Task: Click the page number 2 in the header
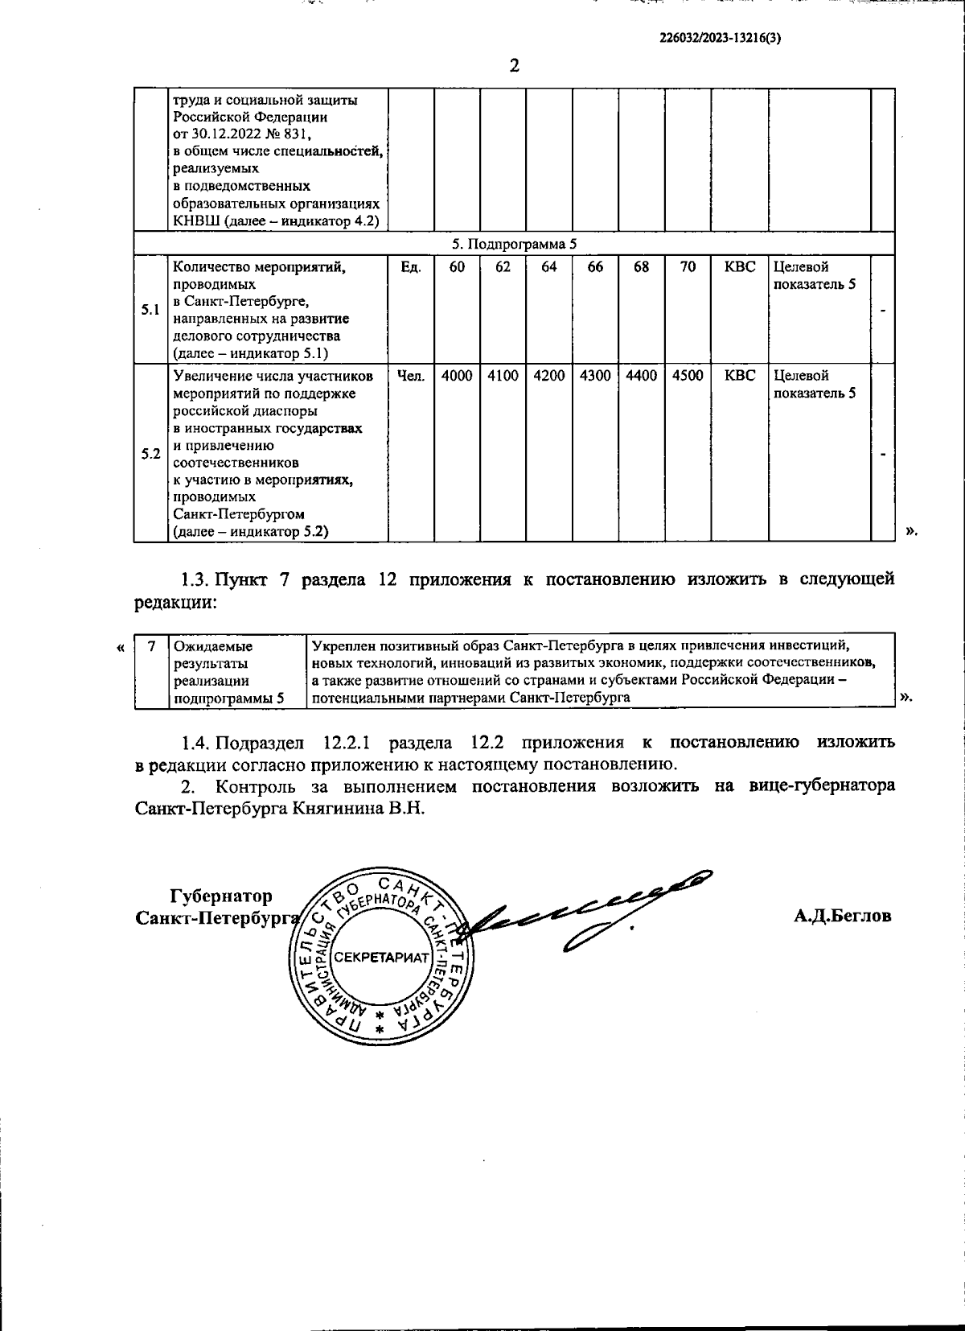[514, 66]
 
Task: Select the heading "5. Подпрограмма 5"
[514, 243]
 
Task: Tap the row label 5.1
[150, 310]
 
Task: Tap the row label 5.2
[150, 453]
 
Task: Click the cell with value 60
[457, 267]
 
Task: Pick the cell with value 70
[688, 267]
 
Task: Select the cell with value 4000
[457, 376]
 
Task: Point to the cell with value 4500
[688, 376]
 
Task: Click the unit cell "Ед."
[411, 267]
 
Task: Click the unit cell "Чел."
[411, 376]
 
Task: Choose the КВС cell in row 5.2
[740, 376]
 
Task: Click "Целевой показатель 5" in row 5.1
[814, 275]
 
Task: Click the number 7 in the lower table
[150, 645]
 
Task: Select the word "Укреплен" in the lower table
[341, 645]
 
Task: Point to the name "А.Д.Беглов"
[842, 916]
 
